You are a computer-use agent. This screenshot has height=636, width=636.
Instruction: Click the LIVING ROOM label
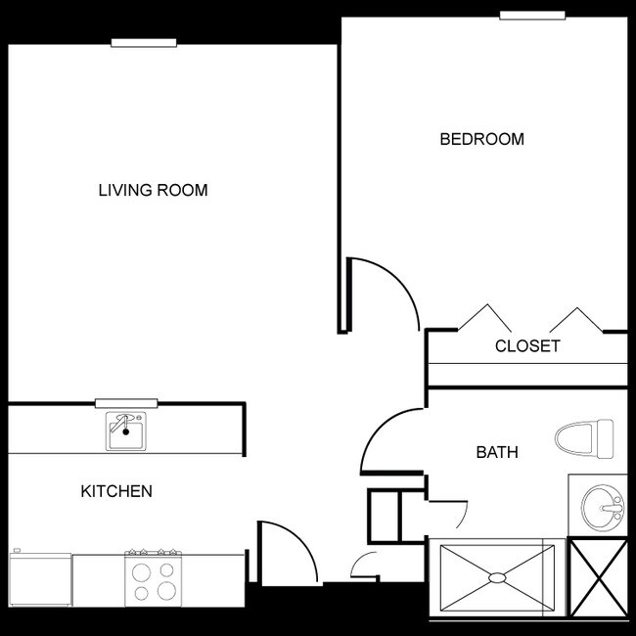[153, 190]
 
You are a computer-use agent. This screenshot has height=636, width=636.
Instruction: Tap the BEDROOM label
[481, 139]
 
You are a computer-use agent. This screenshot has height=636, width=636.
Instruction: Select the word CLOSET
[527, 346]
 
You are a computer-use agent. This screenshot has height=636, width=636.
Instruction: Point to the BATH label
[497, 452]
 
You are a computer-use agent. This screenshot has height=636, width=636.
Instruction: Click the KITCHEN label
[116, 491]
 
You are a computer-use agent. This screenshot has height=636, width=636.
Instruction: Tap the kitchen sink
[126, 432]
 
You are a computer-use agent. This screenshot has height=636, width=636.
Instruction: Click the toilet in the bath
[584, 439]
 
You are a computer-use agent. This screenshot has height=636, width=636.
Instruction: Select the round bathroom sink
[603, 508]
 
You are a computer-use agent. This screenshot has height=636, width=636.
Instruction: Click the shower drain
[497, 577]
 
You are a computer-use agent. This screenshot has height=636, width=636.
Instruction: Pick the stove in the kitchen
[153, 578]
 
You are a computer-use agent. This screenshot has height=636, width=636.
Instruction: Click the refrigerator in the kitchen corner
[40, 578]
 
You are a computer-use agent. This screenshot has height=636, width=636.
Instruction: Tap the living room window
[144, 43]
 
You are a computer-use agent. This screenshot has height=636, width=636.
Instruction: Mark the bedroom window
[532, 15]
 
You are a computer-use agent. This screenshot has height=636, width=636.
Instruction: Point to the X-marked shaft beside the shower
[598, 577]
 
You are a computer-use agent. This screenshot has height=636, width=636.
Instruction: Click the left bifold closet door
[485, 318]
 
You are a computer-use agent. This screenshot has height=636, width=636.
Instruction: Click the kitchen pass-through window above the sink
[126, 403]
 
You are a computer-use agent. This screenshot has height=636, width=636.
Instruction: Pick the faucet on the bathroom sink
[613, 508]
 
